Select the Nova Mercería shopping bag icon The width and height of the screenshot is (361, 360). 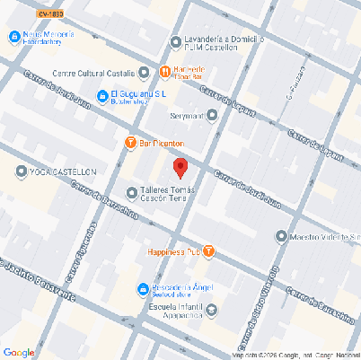point(13,37)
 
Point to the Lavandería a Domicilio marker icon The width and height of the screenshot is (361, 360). point(174,41)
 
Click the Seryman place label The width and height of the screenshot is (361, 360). point(186,115)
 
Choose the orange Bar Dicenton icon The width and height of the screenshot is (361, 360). point(131,143)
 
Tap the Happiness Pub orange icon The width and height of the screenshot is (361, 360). point(208,250)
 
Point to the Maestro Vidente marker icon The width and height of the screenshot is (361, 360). point(280,237)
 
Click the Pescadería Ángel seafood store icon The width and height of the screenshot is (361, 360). point(142,288)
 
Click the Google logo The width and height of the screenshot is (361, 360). point(18,351)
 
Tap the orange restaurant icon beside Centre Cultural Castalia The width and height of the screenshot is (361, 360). point(164,72)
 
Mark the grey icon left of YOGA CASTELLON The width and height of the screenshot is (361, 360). point(22,171)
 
